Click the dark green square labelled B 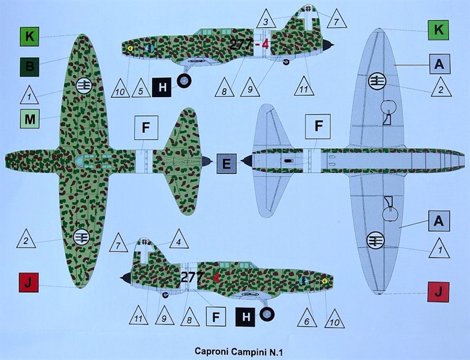29,65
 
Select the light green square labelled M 29,119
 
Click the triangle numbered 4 179,240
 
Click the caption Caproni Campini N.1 234,351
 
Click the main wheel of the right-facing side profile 267,313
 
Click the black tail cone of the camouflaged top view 206,161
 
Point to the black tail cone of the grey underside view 246,160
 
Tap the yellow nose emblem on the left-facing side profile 130,47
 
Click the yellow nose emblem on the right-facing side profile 324,280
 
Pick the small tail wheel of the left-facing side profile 286,61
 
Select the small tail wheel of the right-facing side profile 164,294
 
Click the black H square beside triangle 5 162,88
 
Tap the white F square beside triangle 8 216,316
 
